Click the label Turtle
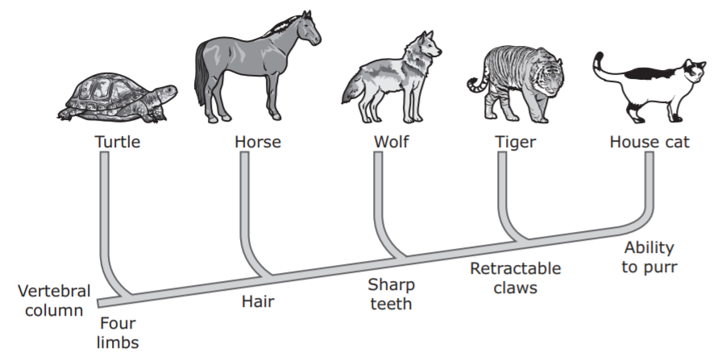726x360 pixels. pos(118,143)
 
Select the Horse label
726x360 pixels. pos(258,143)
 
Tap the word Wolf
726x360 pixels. pos(392,143)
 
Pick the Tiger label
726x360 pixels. pos(516,143)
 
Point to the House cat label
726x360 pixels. pos(649,143)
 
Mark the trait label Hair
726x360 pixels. pos(258,302)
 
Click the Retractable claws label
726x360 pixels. pos(515,277)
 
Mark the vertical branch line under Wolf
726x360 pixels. pos(377,193)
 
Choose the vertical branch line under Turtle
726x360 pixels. pos(103,209)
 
